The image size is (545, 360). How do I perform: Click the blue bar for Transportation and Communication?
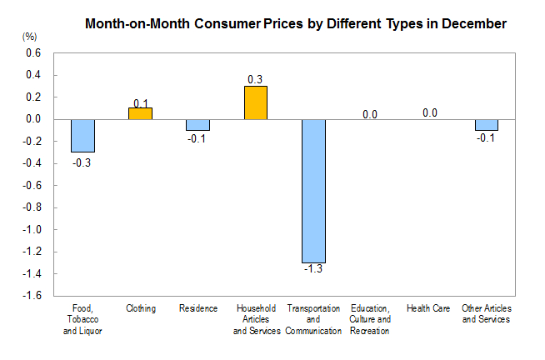(313, 190)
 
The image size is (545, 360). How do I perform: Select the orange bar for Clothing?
(140, 113)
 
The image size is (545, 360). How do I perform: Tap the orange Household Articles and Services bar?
(255, 102)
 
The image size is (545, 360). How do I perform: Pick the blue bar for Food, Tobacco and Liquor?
(82, 135)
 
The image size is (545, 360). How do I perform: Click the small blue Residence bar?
(197, 125)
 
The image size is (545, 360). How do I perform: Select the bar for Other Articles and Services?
(487, 125)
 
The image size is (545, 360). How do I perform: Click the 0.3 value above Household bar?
(255, 79)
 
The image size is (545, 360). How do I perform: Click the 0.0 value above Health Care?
(430, 112)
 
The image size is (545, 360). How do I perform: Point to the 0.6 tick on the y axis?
(32, 53)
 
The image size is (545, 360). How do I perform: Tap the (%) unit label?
(30, 37)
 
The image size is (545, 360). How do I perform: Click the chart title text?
(296, 24)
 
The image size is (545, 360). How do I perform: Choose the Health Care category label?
(428, 308)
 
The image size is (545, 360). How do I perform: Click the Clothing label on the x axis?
(141, 308)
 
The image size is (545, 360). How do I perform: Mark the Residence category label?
(198, 308)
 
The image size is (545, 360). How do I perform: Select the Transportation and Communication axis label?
(313, 319)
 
